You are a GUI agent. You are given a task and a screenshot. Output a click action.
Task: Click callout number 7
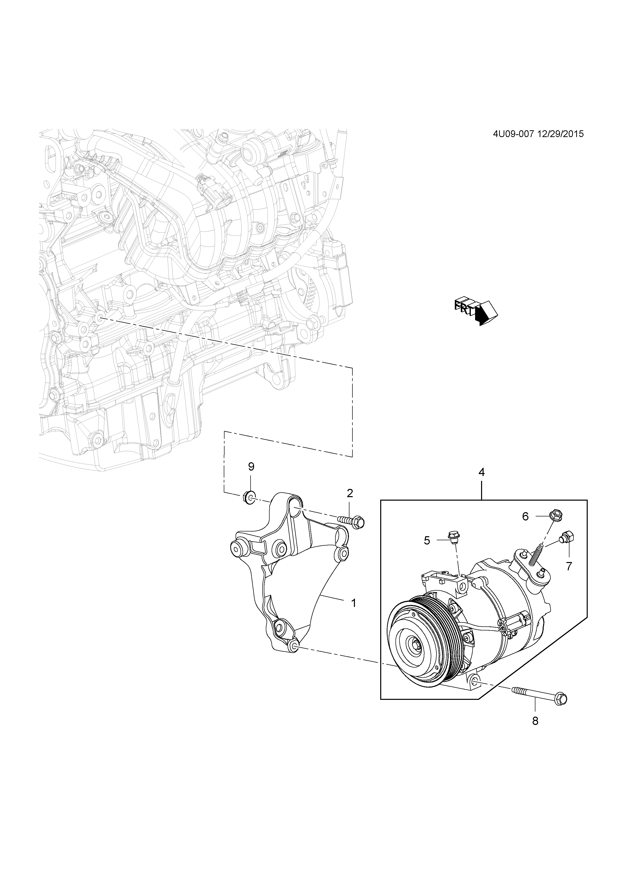[569, 567]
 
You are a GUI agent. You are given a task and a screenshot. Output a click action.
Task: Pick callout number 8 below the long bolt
[535, 721]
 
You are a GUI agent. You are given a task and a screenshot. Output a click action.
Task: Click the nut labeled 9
[249, 498]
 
